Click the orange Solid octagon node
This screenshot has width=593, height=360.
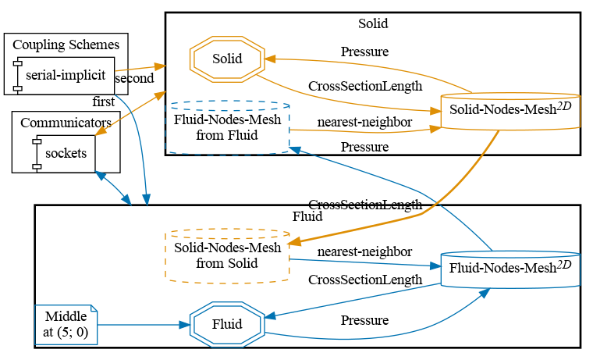pos(227,59)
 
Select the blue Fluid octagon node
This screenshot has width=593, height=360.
pos(227,324)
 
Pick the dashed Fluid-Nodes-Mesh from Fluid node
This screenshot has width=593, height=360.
pos(227,127)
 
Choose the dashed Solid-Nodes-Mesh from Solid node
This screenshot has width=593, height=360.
pos(227,255)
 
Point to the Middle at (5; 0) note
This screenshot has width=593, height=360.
pos(66,324)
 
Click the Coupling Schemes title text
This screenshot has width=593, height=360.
pos(66,45)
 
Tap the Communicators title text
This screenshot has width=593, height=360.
pos(66,122)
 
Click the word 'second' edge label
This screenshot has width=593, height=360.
pos(134,78)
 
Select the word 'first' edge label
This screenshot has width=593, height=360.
pos(104,102)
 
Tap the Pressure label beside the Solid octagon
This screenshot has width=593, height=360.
pos(364,52)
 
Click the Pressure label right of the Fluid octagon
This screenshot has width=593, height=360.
pos(364,320)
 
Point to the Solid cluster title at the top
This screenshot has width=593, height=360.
pos(372,23)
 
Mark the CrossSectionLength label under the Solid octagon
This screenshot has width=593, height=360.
pos(364,86)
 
